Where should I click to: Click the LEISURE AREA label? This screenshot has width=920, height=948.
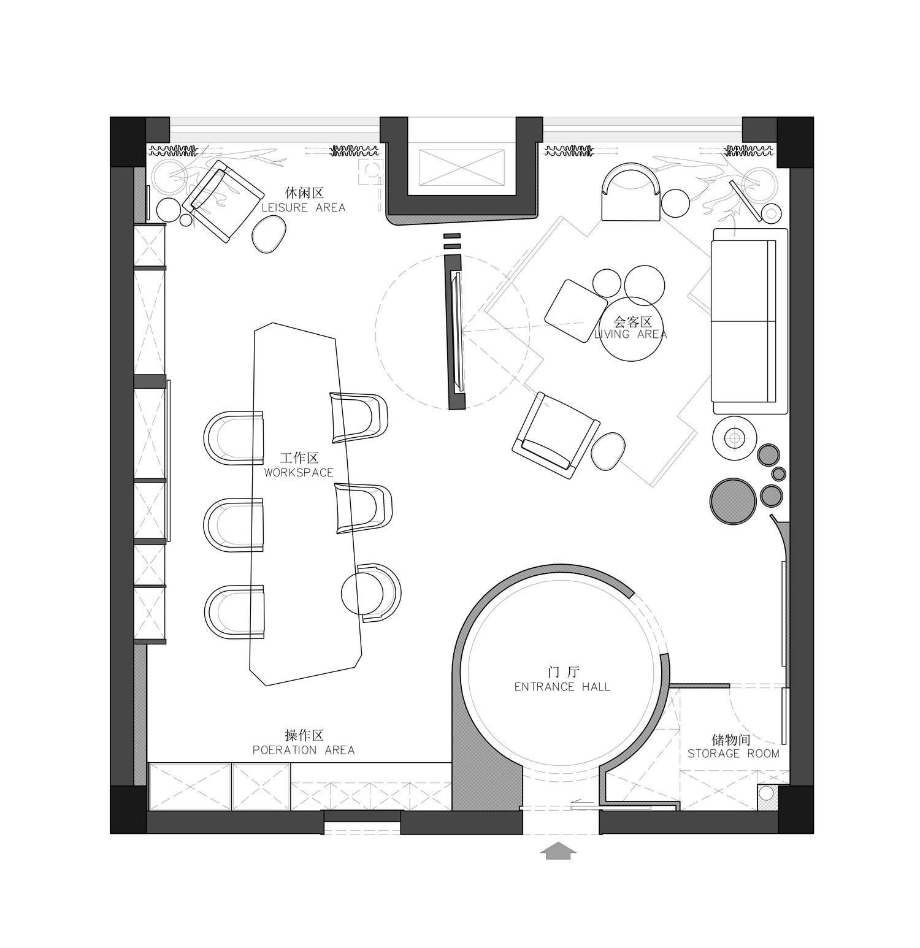click(304, 207)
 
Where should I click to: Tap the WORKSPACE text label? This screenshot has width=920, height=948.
click(299, 473)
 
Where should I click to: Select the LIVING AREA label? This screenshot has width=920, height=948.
click(631, 334)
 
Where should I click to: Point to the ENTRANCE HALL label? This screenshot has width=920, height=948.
click(562, 687)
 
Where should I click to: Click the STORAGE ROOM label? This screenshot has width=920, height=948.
click(733, 753)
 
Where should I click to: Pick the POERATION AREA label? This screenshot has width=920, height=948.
click(304, 750)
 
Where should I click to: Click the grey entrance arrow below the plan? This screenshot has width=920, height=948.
click(558, 851)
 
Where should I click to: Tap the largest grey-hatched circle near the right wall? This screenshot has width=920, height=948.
click(733, 501)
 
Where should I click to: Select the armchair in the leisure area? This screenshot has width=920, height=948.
click(221, 201)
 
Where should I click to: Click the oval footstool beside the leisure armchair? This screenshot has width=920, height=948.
click(269, 235)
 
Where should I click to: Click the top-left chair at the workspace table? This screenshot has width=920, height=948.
click(234, 438)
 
